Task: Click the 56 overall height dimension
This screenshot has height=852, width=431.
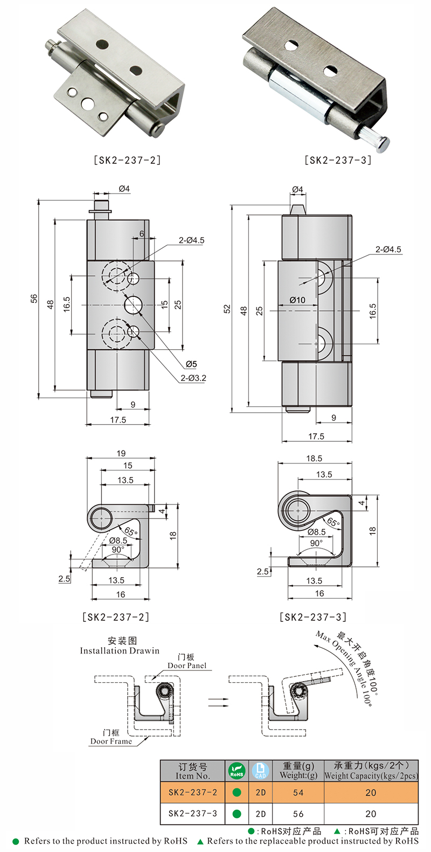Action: click(34, 299)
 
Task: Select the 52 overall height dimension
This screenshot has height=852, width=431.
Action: click(227, 308)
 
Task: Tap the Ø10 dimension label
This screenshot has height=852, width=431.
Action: click(297, 300)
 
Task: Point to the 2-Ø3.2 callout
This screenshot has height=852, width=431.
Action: click(193, 378)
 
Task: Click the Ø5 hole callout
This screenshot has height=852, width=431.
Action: click(191, 364)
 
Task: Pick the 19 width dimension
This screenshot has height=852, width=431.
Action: click(121, 453)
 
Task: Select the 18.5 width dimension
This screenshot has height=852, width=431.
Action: click(314, 458)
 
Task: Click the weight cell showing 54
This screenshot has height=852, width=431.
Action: click(298, 792)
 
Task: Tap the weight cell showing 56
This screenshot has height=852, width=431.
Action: click(298, 814)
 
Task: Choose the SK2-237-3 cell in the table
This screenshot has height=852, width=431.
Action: click(192, 813)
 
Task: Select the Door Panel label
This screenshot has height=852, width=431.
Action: click(187, 665)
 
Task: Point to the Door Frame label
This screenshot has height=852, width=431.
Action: click(111, 741)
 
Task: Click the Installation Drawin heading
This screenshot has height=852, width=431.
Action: click(120, 650)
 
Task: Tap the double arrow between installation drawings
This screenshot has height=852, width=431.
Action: click(218, 702)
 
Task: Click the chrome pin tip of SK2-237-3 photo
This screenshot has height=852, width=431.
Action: click(384, 144)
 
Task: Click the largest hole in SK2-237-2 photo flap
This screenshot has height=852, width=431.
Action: click(87, 103)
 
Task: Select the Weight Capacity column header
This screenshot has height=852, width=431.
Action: click(371, 771)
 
